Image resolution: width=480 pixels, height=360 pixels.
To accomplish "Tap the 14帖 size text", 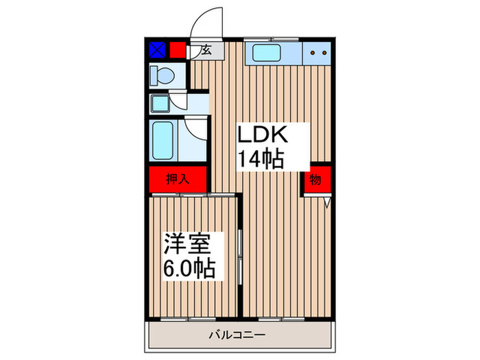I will click(261, 159).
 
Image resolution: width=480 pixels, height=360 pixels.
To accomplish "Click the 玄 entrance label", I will click(204, 51).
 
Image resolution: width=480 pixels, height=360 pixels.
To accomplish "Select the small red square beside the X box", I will click(178, 50).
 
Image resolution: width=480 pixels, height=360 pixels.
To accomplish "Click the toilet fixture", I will click(163, 75).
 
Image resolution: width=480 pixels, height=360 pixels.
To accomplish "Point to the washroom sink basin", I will click(163, 104).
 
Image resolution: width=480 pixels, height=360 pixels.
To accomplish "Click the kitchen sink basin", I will click(265, 51).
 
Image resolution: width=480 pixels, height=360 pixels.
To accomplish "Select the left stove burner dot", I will click(312, 51).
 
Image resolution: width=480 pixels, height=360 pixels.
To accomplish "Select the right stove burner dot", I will click(322, 51).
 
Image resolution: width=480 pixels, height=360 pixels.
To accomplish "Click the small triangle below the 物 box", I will click(328, 203).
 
